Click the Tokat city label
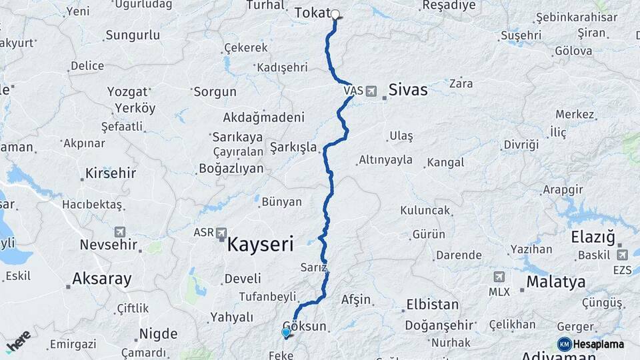(x=312, y=13)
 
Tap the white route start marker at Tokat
(x=335, y=14)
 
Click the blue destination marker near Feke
(x=286, y=332)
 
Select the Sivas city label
(x=408, y=90)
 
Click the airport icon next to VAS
(x=371, y=91)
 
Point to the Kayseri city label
(x=260, y=244)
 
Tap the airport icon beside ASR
(x=222, y=233)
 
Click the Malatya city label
(x=555, y=281)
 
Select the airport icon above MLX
(x=499, y=277)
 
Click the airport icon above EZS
(x=623, y=255)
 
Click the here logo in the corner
(x=18, y=341)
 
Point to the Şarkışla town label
(x=293, y=147)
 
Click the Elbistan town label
(x=433, y=305)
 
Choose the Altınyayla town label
(x=385, y=160)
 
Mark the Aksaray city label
(x=102, y=279)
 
